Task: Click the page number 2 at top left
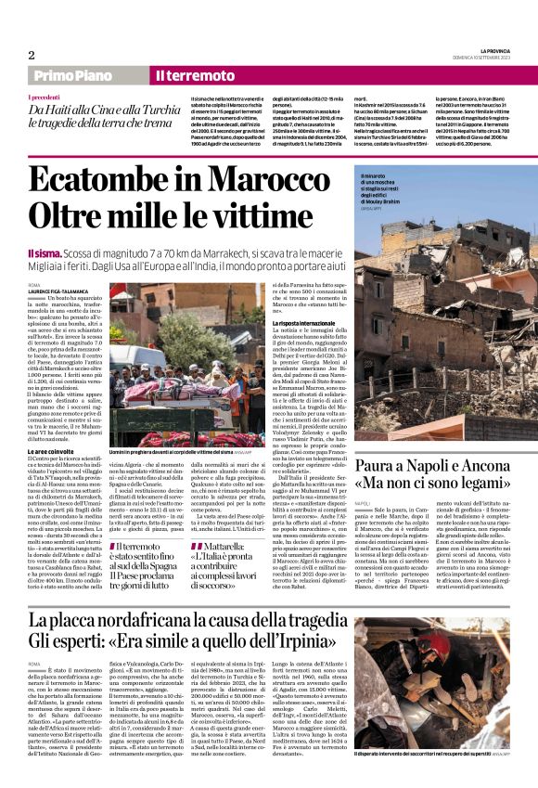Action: [x=32, y=55]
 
